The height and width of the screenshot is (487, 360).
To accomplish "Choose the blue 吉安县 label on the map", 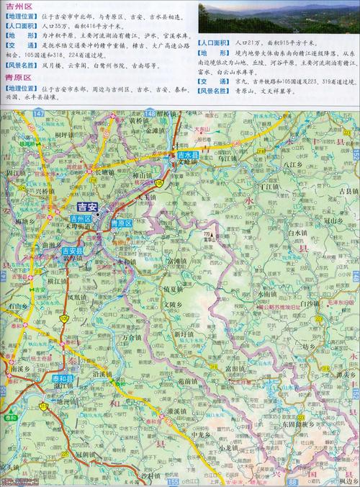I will click(72, 251).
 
